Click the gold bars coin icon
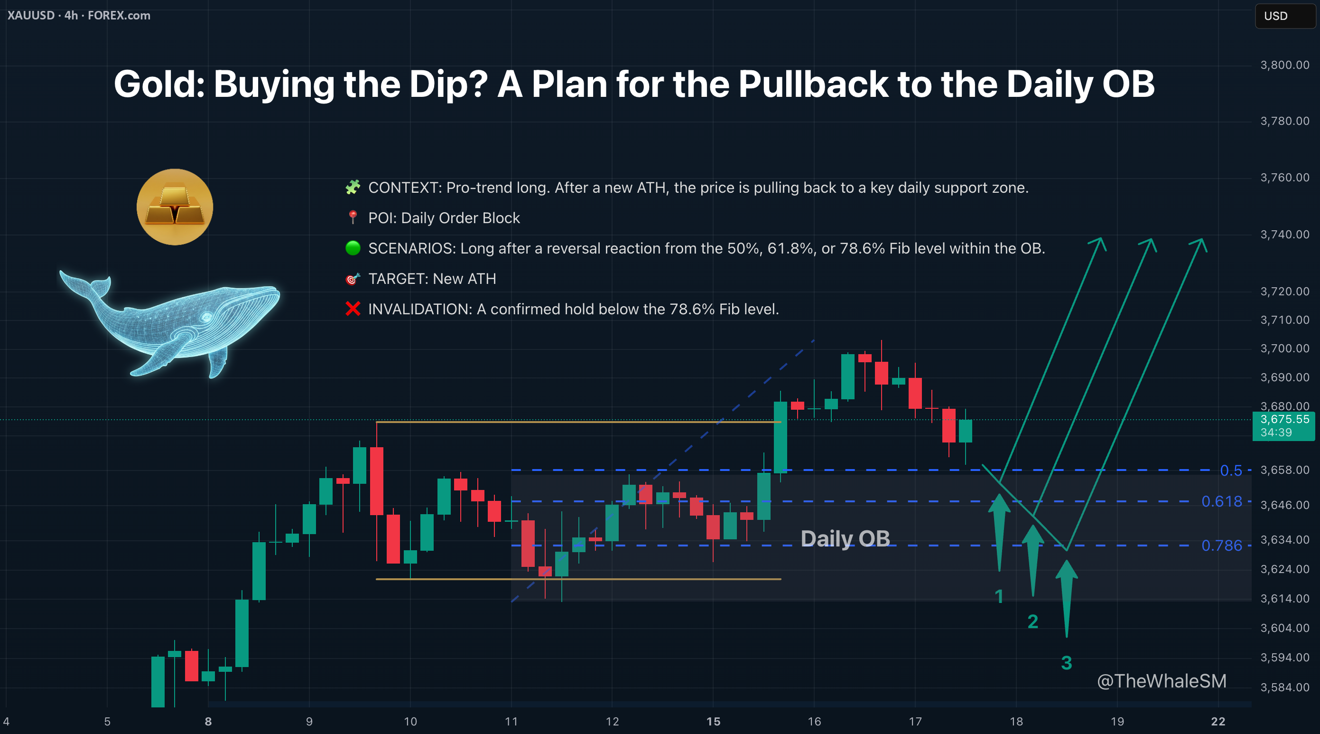click(x=175, y=207)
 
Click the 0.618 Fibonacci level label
click(x=1222, y=501)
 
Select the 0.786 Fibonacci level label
click(x=1222, y=546)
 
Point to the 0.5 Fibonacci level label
click(x=1231, y=471)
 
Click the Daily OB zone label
click(x=846, y=539)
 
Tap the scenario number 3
click(x=1066, y=663)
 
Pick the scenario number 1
click(x=999, y=596)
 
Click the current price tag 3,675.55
click(x=1284, y=426)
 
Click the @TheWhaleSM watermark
click(x=1162, y=681)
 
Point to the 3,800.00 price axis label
click(x=1284, y=65)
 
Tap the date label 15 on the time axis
click(x=713, y=722)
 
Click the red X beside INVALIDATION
click(x=353, y=309)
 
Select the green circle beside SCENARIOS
click(x=353, y=248)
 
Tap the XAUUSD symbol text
click(x=31, y=15)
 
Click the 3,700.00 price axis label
click(x=1284, y=348)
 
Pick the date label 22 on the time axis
click(x=1218, y=722)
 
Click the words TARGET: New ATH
click(x=432, y=279)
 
